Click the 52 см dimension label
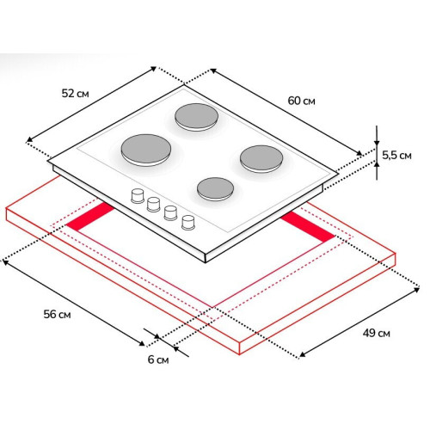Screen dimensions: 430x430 tap(75, 94)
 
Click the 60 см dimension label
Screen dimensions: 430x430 tap(301, 101)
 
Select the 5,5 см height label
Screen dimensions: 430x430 tap(396, 156)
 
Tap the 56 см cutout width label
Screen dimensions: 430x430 tap(57, 314)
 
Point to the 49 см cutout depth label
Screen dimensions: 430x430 tap(376, 333)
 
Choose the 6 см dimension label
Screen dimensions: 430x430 tap(158, 359)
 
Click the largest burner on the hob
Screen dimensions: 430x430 tap(146, 150)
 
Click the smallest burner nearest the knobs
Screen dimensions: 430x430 tap(215, 189)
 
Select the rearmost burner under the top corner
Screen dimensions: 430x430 tap(197, 117)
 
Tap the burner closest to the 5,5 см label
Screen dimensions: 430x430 tap(261, 159)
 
